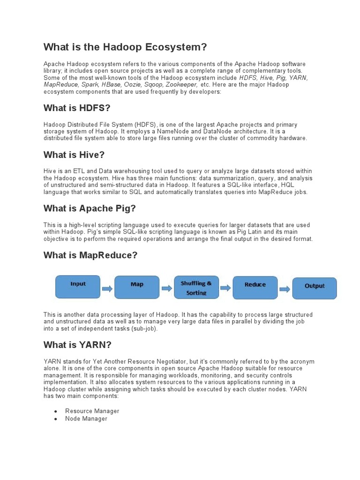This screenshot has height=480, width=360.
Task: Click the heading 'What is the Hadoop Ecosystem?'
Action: (125, 47)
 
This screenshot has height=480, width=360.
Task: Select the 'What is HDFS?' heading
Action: (76, 108)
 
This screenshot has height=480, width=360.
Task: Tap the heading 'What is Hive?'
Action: (74, 155)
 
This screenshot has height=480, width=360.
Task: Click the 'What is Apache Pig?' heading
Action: (90, 209)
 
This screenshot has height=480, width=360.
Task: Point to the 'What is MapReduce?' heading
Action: (90, 255)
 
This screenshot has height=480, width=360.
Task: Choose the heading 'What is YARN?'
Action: (77, 345)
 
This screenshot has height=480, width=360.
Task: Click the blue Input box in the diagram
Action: (78, 287)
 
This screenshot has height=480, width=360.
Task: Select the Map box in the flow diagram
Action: (137, 287)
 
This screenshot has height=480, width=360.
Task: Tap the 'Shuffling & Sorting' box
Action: (196, 287)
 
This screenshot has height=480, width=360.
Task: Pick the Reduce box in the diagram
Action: (255, 287)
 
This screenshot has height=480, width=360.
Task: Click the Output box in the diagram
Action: (315, 288)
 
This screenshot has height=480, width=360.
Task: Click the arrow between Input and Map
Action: (107, 289)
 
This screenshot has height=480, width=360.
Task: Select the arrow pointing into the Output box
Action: (285, 289)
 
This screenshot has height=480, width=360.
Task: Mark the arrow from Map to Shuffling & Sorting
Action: (166, 289)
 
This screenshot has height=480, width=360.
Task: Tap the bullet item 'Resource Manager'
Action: (92, 411)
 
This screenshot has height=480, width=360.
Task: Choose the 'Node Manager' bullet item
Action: (86, 419)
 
